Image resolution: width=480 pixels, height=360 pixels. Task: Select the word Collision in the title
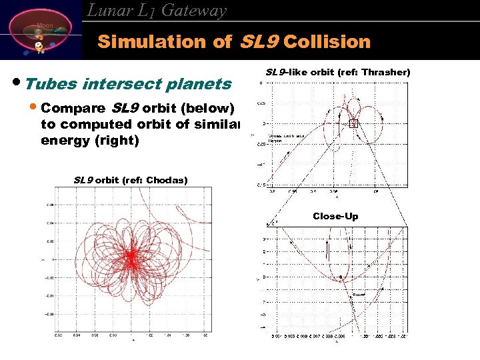[x=327, y=42]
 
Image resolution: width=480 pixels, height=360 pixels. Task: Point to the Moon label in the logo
[x=45, y=25]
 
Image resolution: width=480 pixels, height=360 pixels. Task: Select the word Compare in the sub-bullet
[x=73, y=108]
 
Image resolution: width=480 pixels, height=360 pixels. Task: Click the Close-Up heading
[x=335, y=216]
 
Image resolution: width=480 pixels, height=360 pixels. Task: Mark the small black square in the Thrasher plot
[x=354, y=123]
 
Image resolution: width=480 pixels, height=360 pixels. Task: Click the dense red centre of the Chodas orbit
[x=131, y=255]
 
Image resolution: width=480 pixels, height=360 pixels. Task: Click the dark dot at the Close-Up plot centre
[x=341, y=277]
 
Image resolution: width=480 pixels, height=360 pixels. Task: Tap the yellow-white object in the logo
[x=39, y=47]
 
